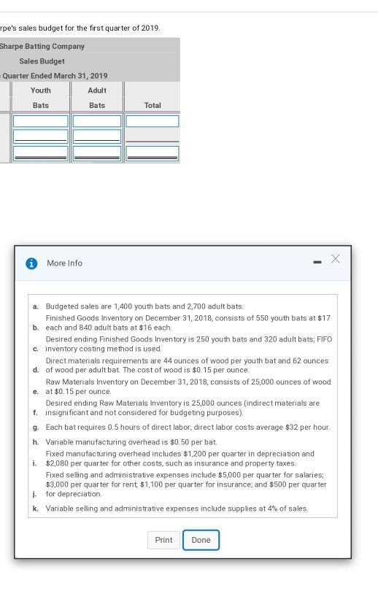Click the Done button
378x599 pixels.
pos(201,540)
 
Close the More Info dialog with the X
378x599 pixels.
pos(335,259)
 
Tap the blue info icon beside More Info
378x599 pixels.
pos(31,263)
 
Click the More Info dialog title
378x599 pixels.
pos(65,263)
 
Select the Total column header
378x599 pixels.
pos(153,105)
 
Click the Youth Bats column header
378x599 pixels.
pos(41,98)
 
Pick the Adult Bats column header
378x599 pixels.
pos(97,98)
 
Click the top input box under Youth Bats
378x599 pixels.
pos(41,121)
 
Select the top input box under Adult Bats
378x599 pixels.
pos(97,121)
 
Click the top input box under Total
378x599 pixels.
pos(153,121)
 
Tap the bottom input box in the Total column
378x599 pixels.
pos(153,153)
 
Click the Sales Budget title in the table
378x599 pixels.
pos(42,61)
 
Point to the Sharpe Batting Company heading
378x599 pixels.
pos(42,46)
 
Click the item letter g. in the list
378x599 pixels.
pos(36,428)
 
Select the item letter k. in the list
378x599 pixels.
pos(36,509)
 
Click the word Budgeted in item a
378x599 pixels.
pos(63,306)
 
